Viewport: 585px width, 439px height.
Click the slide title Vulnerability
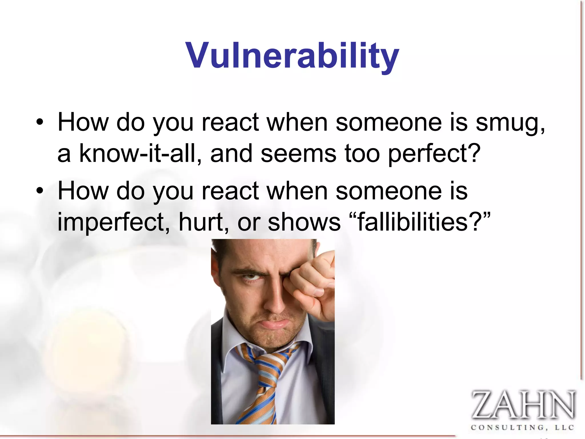click(x=292, y=56)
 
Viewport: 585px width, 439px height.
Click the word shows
click(x=304, y=222)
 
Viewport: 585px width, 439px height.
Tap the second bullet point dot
click(x=40, y=191)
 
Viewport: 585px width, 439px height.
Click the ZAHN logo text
click(x=523, y=405)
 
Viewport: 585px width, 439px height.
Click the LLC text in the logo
click(x=564, y=428)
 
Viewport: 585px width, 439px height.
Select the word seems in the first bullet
click(x=298, y=154)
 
